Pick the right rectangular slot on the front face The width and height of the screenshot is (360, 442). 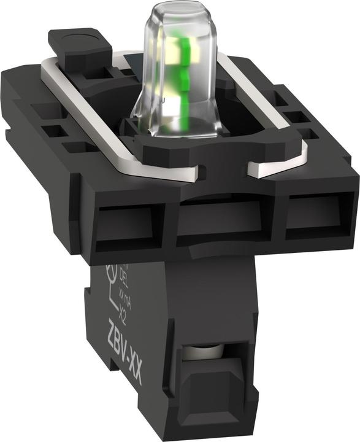click(x=316, y=211)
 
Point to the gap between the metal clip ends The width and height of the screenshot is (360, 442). click(x=224, y=170)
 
